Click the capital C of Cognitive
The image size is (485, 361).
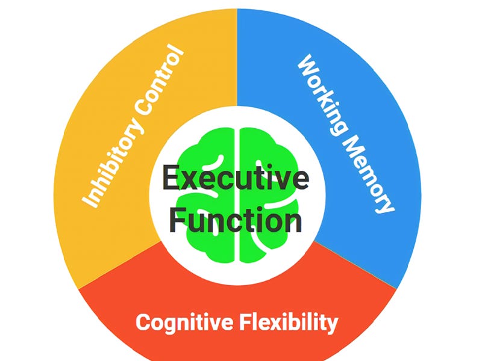[143, 322]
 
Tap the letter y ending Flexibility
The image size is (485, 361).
[332, 325]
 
